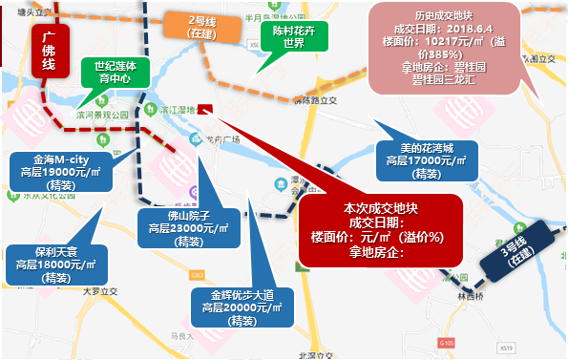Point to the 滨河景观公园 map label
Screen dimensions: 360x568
point(103,113)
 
